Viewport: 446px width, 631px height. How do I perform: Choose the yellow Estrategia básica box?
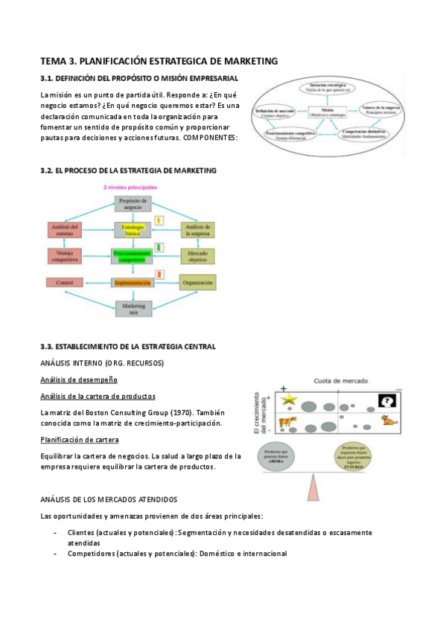tap(133, 230)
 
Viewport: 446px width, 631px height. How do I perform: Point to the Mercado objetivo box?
tap(198, 256)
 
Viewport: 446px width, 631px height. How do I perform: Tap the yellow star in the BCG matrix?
tap(289, 401)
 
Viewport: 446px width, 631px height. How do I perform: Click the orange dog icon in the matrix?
tap(388, 421)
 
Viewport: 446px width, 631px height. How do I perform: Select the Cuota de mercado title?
tap(338, 379)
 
